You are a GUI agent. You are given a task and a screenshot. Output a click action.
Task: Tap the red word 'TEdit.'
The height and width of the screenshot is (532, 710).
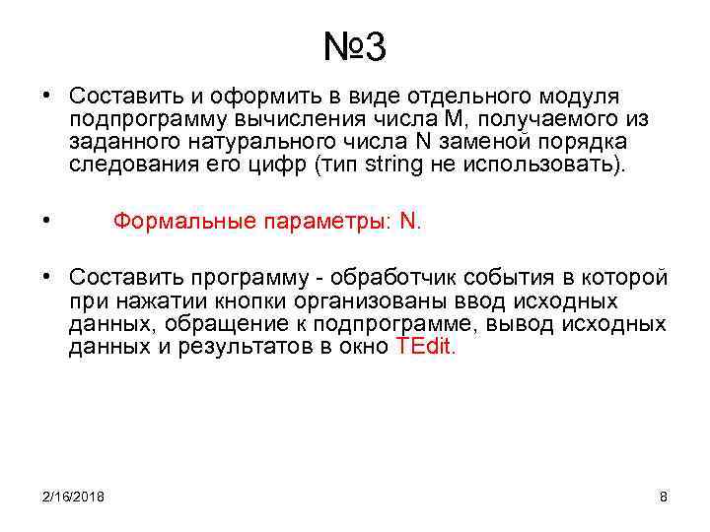coord(425,347)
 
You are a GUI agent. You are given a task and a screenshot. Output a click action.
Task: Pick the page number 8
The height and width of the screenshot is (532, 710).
coord(663,496)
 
